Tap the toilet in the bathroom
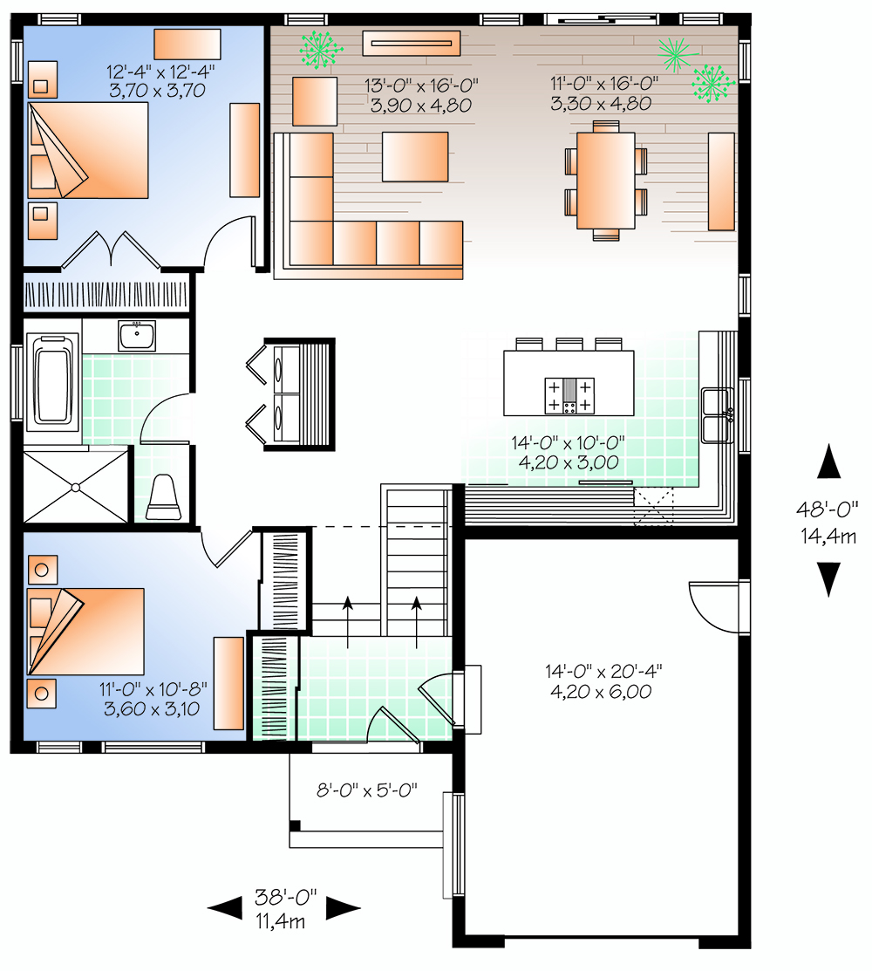pos(164,497)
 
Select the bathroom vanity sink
pos(137,336)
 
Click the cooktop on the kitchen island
pos(569,396)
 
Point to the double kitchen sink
pos(718,415)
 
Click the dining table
pos(605,181)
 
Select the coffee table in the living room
pos(415,157)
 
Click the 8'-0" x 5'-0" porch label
pos(367,790)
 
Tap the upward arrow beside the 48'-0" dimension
pos(828,461)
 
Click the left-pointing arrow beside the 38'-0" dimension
pos(225,908)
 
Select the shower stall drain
pos(76,488)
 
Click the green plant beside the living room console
pos(321,49)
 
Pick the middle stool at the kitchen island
pos(569,344)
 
